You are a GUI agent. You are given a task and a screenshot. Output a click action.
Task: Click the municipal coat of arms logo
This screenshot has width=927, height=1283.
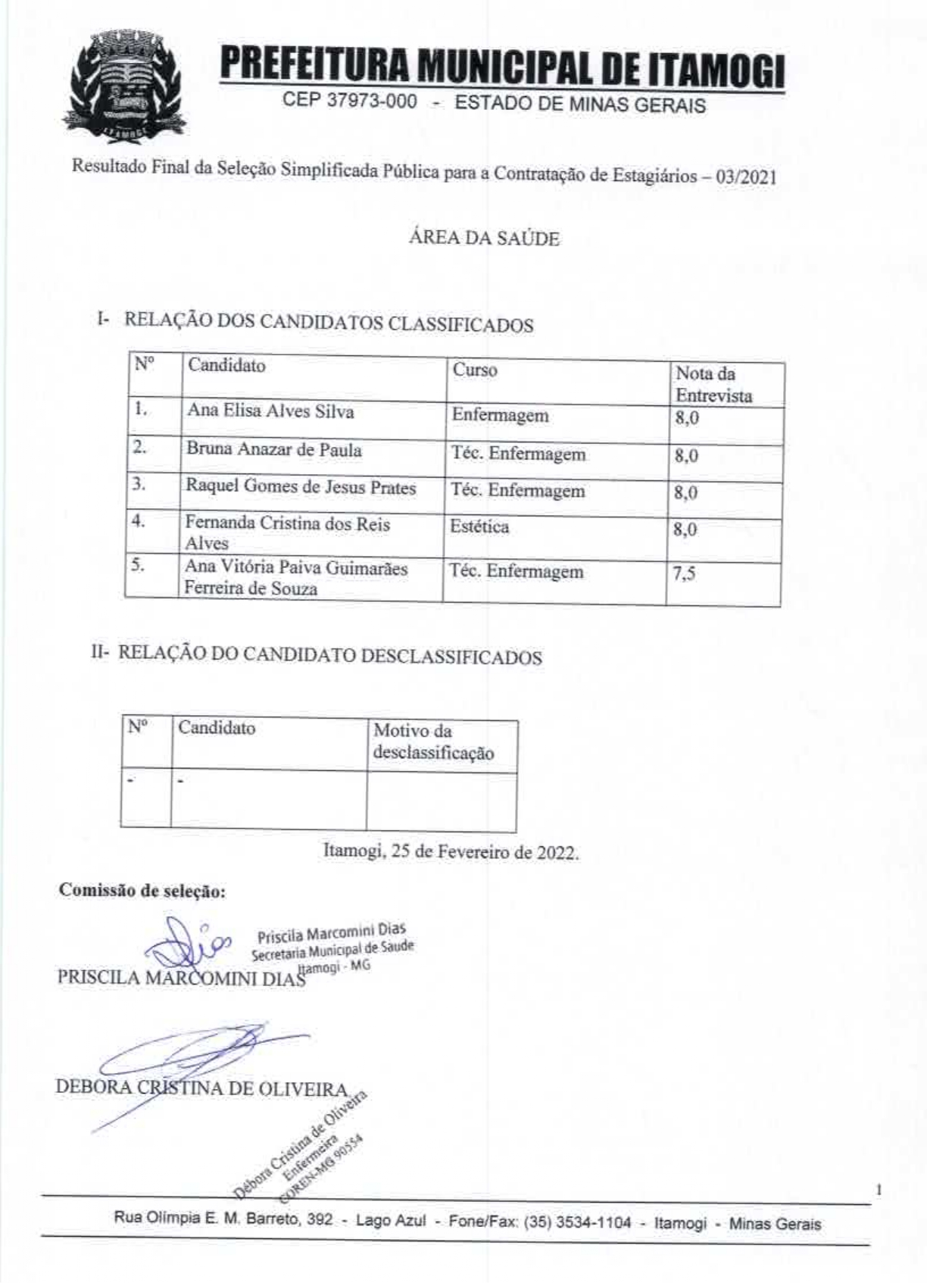tap(125, 86)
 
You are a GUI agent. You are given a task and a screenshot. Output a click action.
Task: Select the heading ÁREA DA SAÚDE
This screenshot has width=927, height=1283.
tap(484, 239)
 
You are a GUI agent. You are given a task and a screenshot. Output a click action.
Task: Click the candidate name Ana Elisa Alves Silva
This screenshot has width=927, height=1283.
tap(270, 411)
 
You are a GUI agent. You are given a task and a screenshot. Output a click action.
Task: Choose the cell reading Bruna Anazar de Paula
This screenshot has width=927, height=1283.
tap(274, 450)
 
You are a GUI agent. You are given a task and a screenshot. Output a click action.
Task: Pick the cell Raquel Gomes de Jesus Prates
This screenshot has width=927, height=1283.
tap(301, 487)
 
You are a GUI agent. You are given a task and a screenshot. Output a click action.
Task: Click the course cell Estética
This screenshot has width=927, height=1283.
tap(479, 526)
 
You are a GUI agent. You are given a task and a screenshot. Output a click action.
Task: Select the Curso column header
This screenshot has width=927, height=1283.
tap(475, 370)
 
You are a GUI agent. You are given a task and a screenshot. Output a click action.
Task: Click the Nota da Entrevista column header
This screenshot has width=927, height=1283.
tap(713, 384)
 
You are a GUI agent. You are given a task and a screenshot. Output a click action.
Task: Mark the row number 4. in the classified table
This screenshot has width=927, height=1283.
tap(140, 522)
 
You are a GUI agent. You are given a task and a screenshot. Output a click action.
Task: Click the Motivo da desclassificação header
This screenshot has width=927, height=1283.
tap(433, 742)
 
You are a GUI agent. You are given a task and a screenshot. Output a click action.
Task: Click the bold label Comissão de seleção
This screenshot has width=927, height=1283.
tap(142, 891)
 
